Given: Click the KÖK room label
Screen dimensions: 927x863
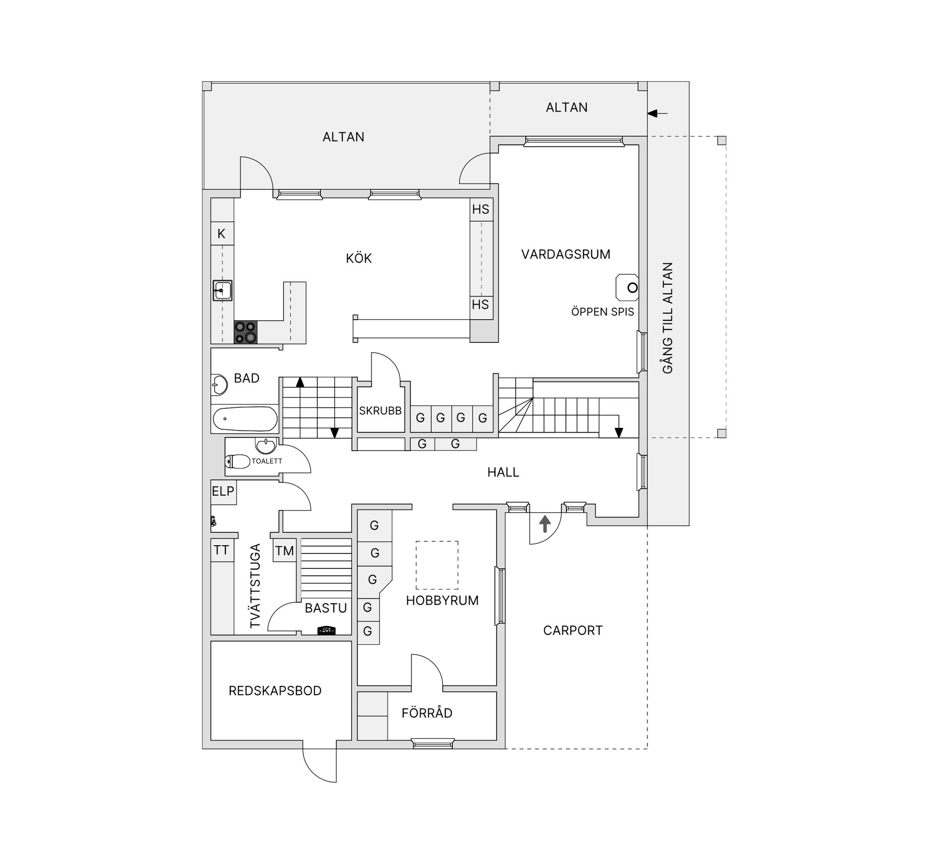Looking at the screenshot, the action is pyautogui.click(x=359, y=258).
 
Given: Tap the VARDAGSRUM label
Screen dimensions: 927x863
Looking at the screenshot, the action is pyautogui.click(x=566, y=255).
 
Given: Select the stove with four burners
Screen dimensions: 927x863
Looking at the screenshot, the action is pyautogui.click(x=245, y=332).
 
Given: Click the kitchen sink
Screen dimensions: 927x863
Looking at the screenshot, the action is pyautogui.click(x=222, y=291).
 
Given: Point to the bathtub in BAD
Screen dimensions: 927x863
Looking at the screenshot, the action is pyautogui.click(x=245, y=419).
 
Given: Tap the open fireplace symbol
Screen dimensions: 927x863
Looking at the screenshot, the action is pyautogui.click(x=627, y=288).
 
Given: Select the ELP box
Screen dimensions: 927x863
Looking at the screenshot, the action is pyautogui.click(x=224, y=492).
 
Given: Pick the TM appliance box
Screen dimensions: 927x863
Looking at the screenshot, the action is pyautogui.click(x=284, y=550).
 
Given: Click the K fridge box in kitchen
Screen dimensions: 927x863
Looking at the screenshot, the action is pyautogui.click(x=222, y=234).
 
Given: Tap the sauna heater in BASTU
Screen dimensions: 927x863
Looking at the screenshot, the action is pyautogui.click(x=326, y=630).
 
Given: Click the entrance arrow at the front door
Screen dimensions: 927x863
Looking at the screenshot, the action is pyautogui.click(x=545, y=524).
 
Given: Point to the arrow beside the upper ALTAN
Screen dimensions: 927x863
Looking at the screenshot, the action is pyautogui.click(x=657, y=113).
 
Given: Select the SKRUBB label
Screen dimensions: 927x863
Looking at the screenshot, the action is pyautogui.click(x=380, y=411).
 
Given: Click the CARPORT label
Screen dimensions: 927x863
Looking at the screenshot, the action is pyautogui.click(x=573, y=631).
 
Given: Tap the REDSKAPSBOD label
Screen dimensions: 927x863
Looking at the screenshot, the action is pyautogui.click(x=275, y=691).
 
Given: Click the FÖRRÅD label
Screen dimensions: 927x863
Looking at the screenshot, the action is pyautogui.click(x=427, y=713).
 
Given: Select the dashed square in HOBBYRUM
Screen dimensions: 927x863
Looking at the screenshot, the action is pyautogui.click(x=437, y=565).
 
